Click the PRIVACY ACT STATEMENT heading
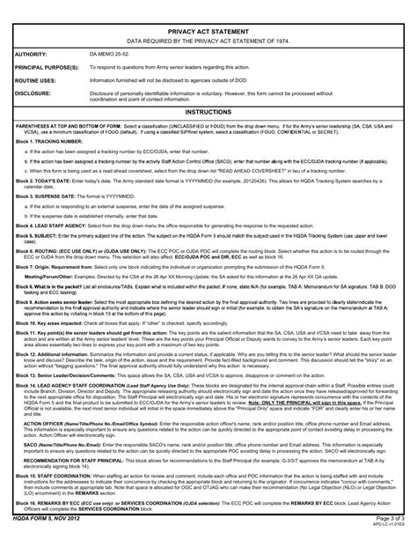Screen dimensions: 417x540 [208, 28]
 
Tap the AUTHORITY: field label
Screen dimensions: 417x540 [33, 54]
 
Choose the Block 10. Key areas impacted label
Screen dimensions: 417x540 [51, 337]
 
